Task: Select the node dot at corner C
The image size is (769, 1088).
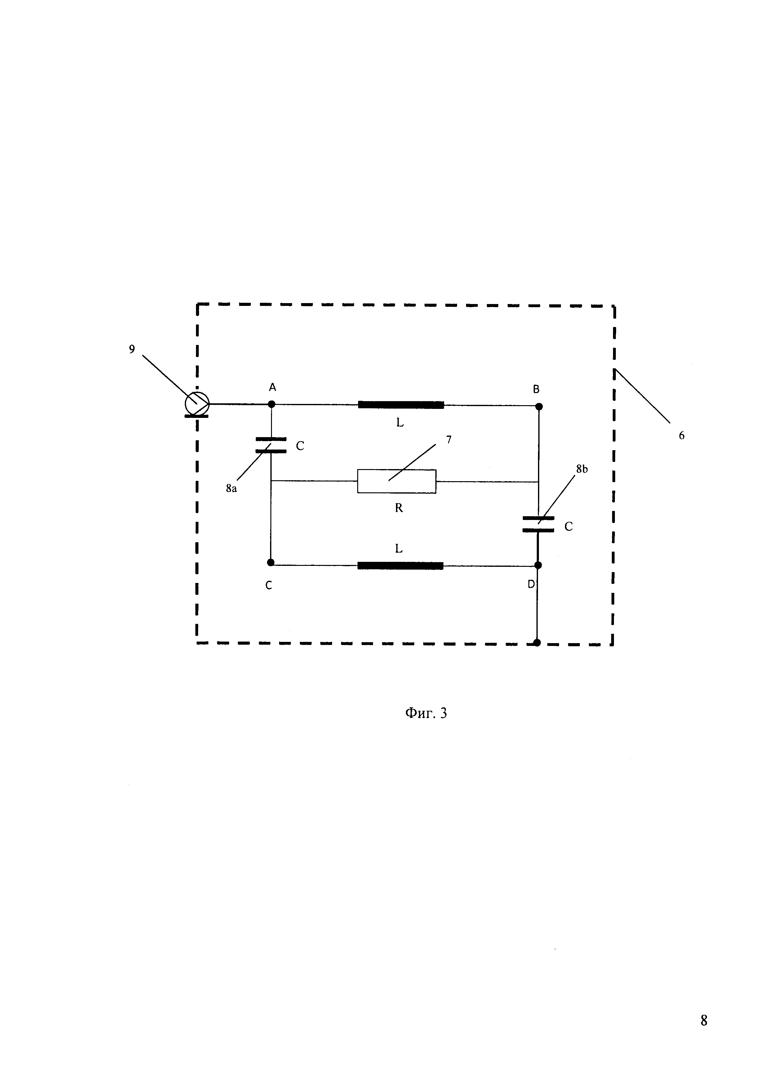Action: [270, 562]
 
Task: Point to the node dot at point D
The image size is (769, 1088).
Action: [537, 565]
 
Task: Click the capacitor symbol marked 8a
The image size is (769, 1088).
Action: [271, 445]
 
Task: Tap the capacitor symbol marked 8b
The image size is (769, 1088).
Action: [538, 524]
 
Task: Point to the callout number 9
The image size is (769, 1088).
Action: [132, 349]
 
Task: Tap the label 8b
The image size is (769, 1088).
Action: [582, 469]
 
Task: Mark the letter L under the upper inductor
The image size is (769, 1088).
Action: [400, 423]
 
